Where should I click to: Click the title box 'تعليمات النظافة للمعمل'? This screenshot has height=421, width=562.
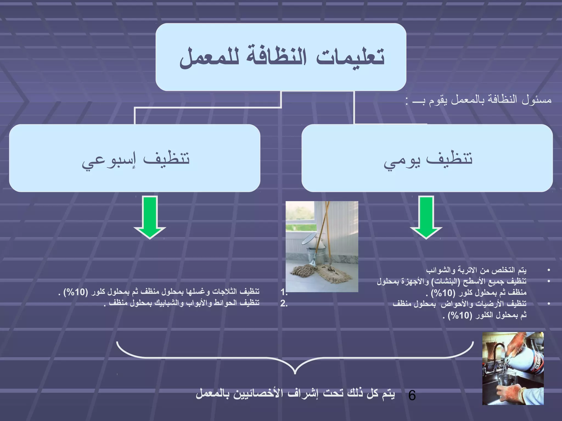(281, 57)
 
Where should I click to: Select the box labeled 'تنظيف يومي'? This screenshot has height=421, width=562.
(427, 158)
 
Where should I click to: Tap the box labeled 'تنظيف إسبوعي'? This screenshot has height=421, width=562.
(134, 158)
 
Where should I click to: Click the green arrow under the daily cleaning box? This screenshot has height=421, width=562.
(426, 217)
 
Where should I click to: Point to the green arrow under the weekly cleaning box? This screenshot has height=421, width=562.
(150, 217)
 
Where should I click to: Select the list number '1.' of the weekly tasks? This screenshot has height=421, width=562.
(284, 292)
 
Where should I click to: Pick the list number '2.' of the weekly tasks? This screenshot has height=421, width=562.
(284, 303)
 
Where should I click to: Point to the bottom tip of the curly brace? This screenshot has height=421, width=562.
(295, 373)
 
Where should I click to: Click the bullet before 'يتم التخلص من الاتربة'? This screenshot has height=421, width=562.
(549, 270)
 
